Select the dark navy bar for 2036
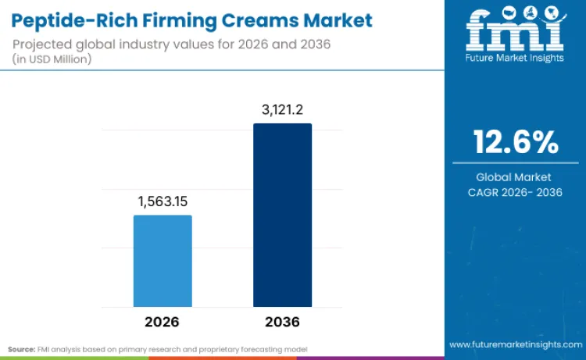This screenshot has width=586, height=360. coord(282,215)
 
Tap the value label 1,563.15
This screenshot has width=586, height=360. coord(163,201)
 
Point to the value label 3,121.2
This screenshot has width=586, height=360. coord(282,110)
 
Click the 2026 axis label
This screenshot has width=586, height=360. coord(162,322)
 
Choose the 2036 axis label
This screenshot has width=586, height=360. coord(282,322)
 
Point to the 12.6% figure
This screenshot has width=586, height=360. coord(516,142)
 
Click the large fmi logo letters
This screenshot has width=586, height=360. coord(515,30)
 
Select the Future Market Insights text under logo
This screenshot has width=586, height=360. coord(515,58)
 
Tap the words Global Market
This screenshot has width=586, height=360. coord(516,177)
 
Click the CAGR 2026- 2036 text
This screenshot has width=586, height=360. coord(516,192)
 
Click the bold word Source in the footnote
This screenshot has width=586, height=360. coord(22,348)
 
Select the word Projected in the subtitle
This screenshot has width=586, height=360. coord(40,44)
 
